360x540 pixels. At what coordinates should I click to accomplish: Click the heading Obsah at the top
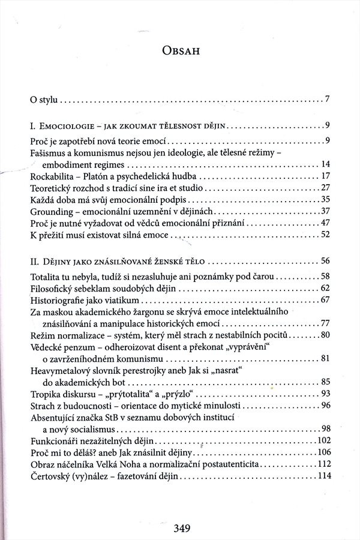[x=180, y=52]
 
